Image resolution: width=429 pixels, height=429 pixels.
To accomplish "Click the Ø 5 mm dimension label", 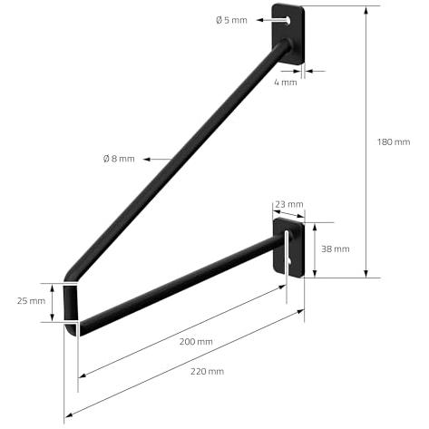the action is (x=231, y=20).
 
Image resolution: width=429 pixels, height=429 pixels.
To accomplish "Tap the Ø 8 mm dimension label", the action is (x=119, y=159).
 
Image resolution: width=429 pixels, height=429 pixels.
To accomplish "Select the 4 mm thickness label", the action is (x=286, y=83).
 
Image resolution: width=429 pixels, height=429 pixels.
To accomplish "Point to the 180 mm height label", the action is (x=394, y=141).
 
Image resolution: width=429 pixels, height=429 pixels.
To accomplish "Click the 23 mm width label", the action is (x=289, y=204).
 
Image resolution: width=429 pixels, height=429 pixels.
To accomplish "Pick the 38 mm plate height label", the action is (x=336, y=249).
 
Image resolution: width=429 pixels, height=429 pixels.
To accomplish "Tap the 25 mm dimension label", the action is (x=31, y=301).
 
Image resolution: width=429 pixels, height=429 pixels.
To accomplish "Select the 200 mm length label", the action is (x=196, y=342).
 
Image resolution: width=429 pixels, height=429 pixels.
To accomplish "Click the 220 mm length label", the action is (x=207, y=371).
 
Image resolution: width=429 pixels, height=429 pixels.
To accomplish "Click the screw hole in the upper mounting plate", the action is (x=288, y=21).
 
